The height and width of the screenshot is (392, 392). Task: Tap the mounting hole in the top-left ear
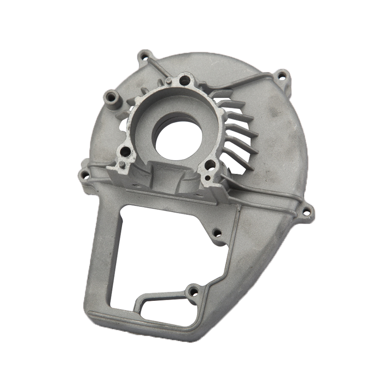point(145,56)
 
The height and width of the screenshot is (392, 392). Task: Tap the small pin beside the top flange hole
point(168,80)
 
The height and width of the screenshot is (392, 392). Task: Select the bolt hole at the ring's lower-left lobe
point(126,152)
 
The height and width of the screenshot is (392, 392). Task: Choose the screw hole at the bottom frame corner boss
point(193,293)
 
